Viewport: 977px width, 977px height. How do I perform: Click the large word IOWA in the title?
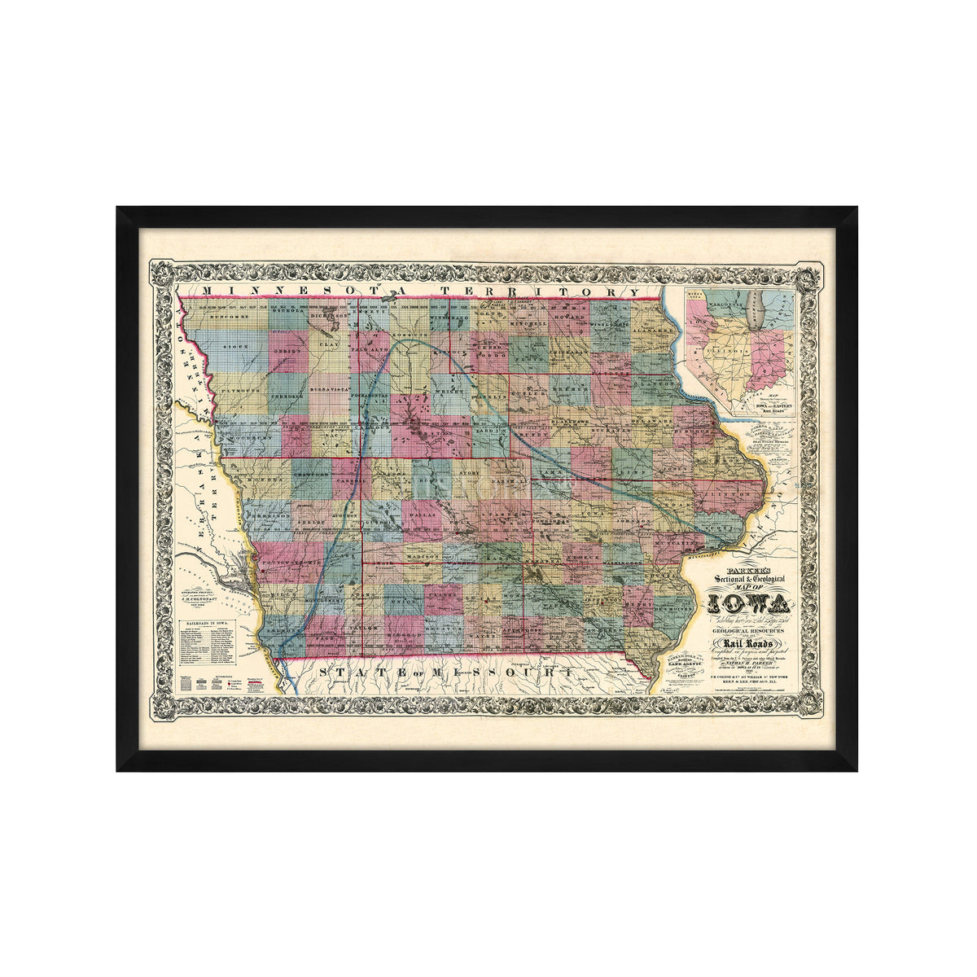point(750,604)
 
